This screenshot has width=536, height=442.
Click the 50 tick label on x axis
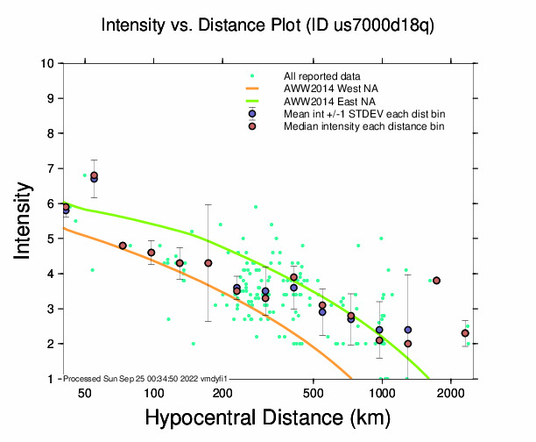pos(85,392)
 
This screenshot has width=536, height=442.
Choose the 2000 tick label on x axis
pos(450,392)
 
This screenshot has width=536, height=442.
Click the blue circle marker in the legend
pos(252,114)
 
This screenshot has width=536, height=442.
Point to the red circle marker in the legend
pos(252,126)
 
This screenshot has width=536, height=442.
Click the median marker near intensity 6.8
pos(94,175)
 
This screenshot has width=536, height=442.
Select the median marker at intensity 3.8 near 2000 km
pos(436,281)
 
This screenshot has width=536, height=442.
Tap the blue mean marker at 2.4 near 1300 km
pos(408,330)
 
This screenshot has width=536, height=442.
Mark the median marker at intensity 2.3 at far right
pos(465,333)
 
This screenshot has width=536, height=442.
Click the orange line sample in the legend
pos(252,89)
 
